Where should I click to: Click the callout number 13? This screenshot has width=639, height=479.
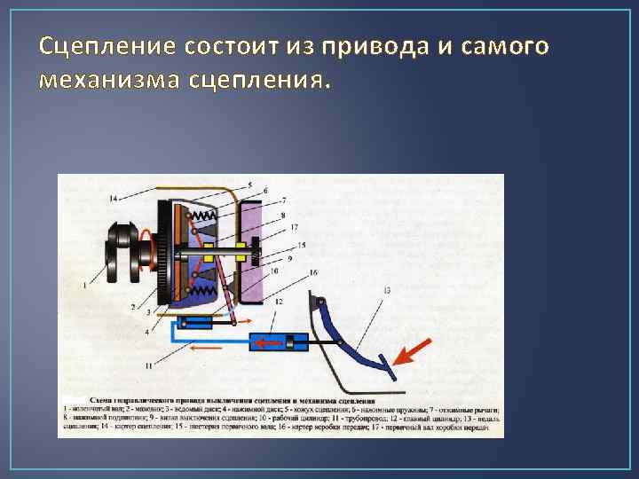(387, 290)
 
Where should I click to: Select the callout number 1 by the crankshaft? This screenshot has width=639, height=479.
(84, 286)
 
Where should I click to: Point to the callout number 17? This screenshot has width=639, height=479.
(293, 229)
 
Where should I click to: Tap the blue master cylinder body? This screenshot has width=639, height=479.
(275, 342)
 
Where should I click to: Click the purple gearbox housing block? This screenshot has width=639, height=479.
(265, 248)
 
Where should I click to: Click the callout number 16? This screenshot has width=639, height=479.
(313, 272)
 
